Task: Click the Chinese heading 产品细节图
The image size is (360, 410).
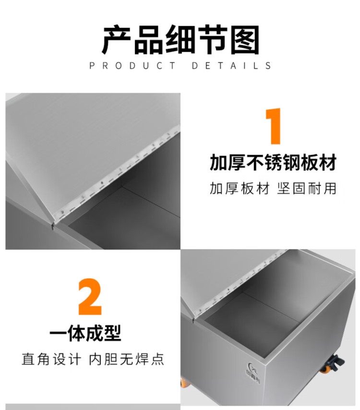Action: [x=180, y=39]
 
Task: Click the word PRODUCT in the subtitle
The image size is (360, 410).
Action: [x=133, y=66]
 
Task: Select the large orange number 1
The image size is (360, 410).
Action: [x=274, y=126]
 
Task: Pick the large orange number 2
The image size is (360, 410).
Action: [x=90, y=297]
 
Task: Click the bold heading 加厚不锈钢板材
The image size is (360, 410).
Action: [x=273, y=162]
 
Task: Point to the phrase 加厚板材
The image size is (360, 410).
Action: [x=240, y=189]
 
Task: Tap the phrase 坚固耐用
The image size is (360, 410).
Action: [x=307, y=189]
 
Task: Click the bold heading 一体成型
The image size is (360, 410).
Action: [x=85, y=333]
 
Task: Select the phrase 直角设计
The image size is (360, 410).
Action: [x=51, y=359]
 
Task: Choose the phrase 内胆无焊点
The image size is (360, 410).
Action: [x=127, y=359]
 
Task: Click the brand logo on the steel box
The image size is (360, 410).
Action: [x=252, y=373]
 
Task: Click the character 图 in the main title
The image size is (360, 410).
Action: [x=245, y=39]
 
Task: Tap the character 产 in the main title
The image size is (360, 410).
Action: [x=116, y=39]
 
